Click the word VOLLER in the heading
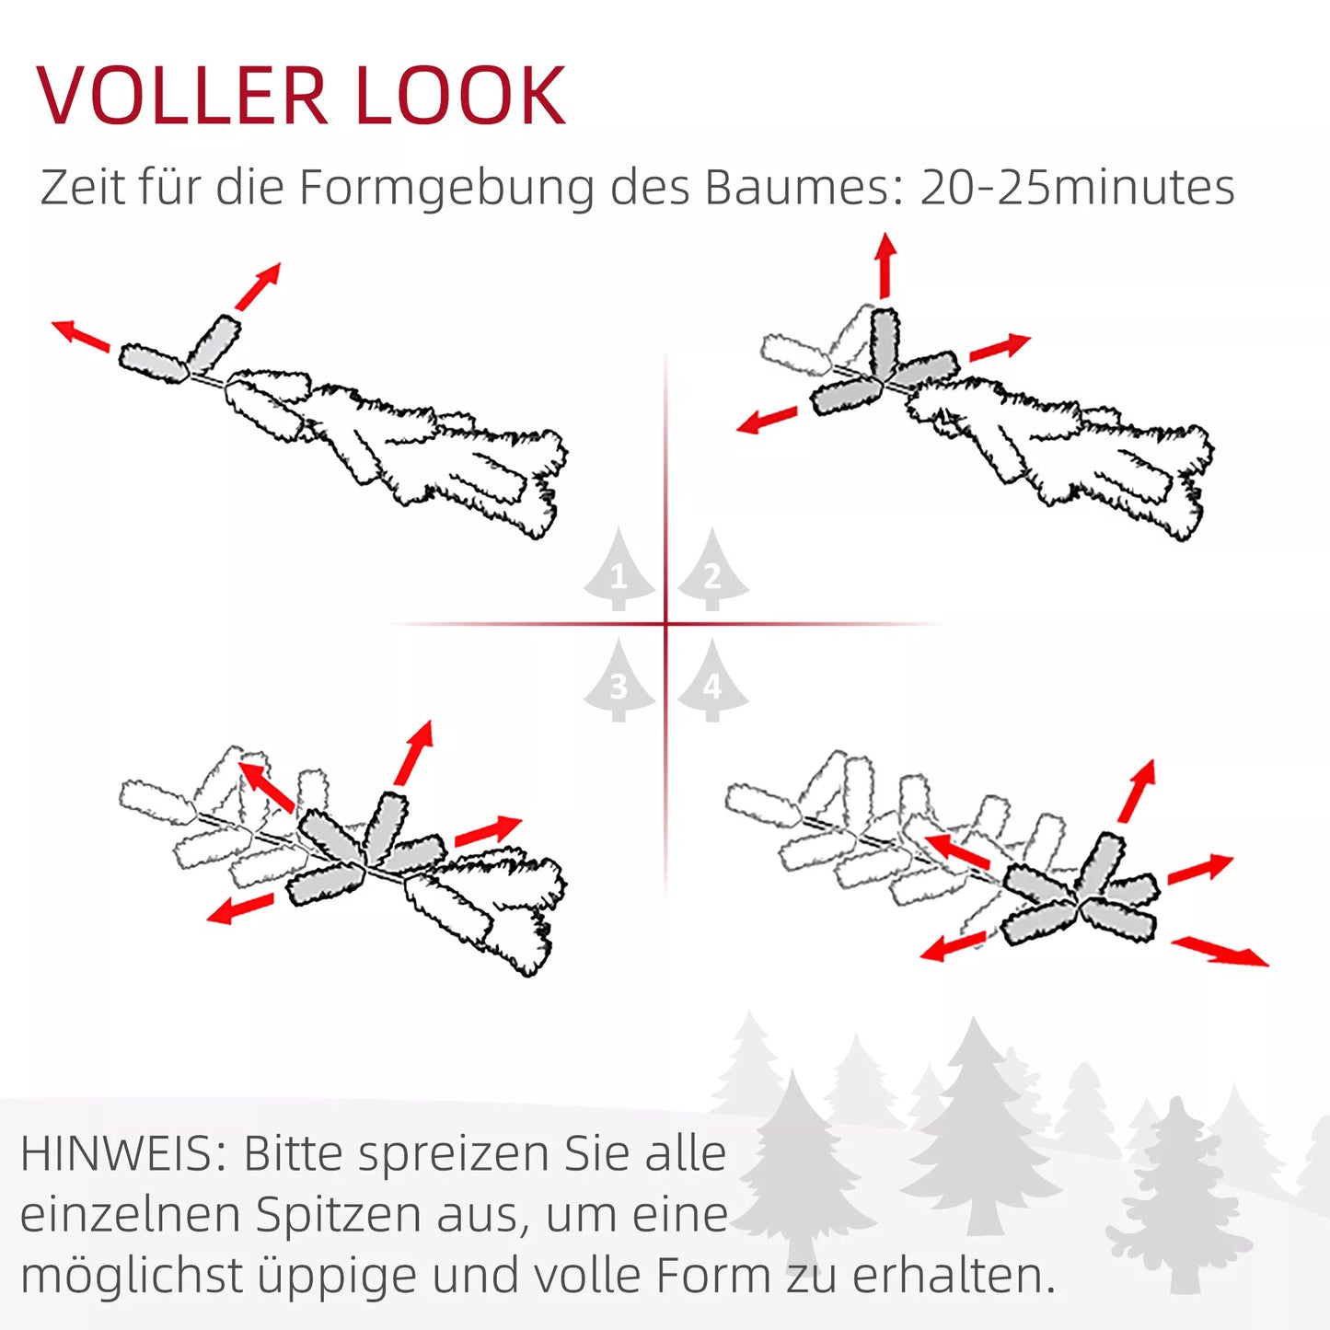pos(181,95)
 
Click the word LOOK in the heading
pos(460,95)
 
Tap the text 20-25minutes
pos(1078,187)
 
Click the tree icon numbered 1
pos(619,570)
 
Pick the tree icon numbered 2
pos(713,570)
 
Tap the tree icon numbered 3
pos(619,680)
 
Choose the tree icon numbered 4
pos(713,680)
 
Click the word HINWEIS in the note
pos(117,1153)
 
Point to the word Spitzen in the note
pos(338,1216)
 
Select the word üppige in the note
pos(338,1278)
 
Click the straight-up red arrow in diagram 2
pos(885,266)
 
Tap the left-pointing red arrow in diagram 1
pos(81,335)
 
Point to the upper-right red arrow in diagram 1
pos(258,286)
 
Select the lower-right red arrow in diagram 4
pos(1220,952)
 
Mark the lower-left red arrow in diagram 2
pos(767,420)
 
